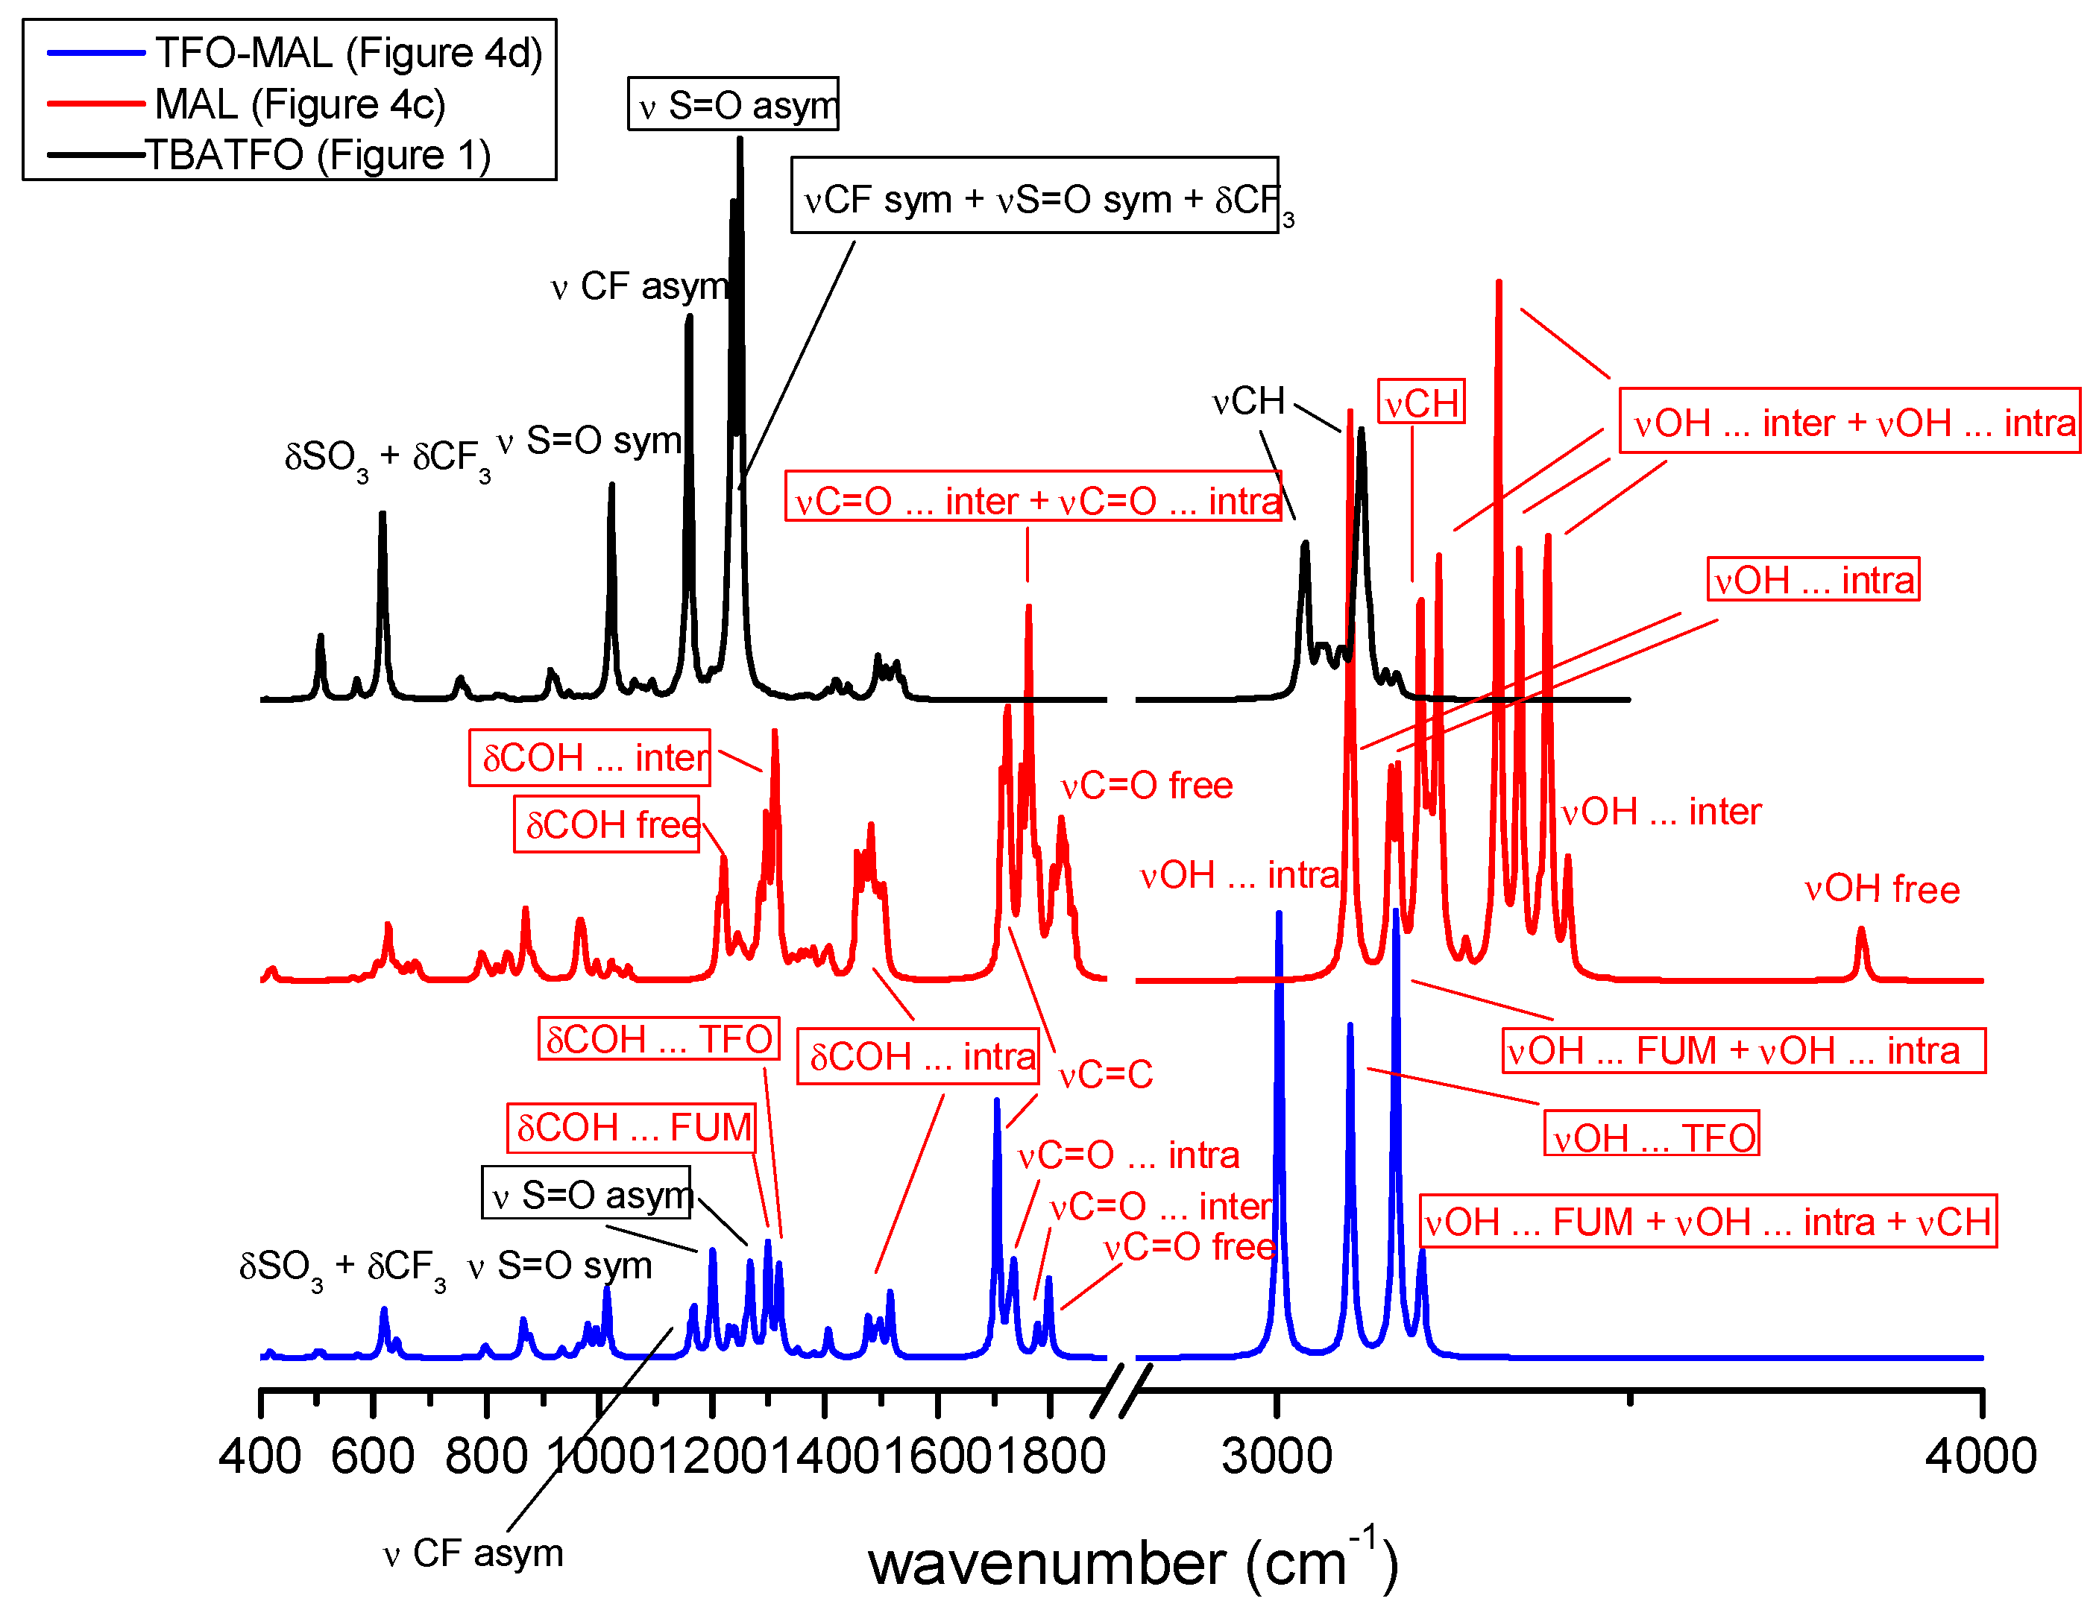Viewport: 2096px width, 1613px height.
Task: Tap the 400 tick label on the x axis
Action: tap(260, 1456)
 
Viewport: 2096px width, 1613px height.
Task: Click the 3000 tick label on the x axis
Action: tap(1277, 1456)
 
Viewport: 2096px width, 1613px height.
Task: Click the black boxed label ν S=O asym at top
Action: tap(733, 104)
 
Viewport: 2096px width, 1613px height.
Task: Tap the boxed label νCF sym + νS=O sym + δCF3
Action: tap(1034, 197)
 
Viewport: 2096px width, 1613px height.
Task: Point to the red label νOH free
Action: tap(1881, 889)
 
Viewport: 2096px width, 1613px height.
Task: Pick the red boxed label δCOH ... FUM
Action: tap(632, 1128)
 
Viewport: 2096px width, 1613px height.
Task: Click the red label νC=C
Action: tap(1106, 1075)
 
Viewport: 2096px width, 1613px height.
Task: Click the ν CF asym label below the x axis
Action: tap(473, 1553)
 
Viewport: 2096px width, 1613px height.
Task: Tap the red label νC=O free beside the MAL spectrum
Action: tap(1146, 786)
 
